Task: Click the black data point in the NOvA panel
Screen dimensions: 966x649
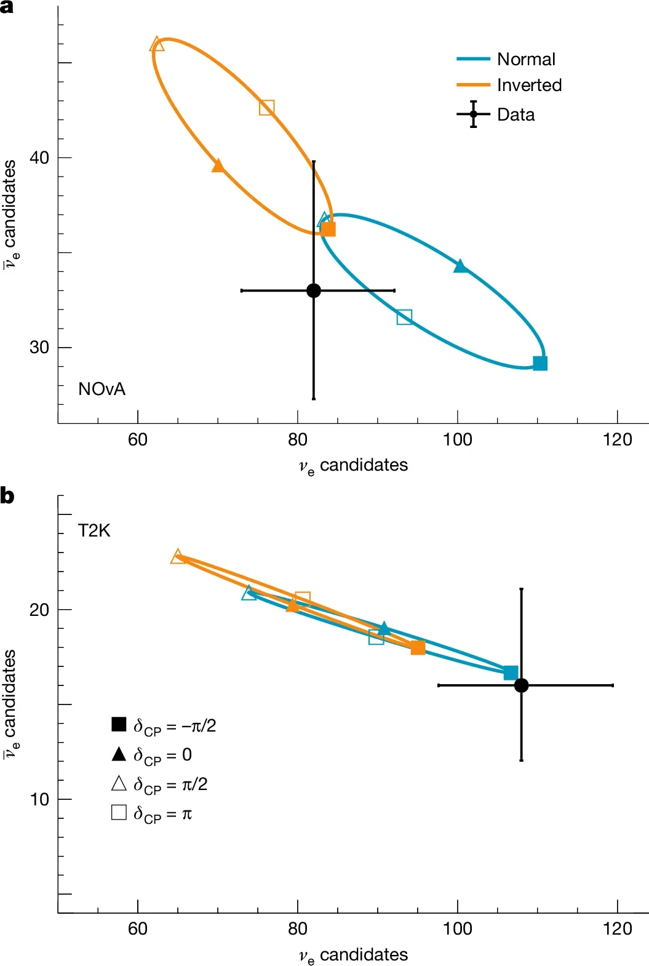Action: coord(314,290)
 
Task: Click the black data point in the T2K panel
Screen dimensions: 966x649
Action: coord(521,685)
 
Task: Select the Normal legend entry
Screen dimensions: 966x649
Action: coord(525,59)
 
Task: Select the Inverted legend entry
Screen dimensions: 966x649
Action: coord(528,85)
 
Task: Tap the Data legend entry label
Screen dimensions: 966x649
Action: coord(516,114)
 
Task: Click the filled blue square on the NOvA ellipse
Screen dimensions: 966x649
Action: coord(540,363)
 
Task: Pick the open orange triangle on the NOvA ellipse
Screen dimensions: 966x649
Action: coord(157,44)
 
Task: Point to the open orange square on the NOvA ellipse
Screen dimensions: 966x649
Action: coord(266,108)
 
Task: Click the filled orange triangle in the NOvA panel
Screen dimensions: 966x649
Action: coord(218,166)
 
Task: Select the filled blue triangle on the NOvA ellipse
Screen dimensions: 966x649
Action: coord(460,266)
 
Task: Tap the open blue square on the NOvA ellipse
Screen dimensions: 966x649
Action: coord(404,317)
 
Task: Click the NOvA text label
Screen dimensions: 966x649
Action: coord(102,389)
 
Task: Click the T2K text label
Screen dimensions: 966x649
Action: coord(94,530)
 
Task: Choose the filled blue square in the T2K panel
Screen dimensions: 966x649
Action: coord(511,673)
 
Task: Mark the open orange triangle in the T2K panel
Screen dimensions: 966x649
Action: coord(178,557)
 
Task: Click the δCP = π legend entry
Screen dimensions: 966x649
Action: coord(152,813)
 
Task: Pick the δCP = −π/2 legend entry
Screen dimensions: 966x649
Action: coord(164,725)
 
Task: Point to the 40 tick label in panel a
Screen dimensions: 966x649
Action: coord(39,158)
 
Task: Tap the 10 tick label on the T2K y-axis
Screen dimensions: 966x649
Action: coord(39,799)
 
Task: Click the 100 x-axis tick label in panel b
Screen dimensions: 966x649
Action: coord(457,928)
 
